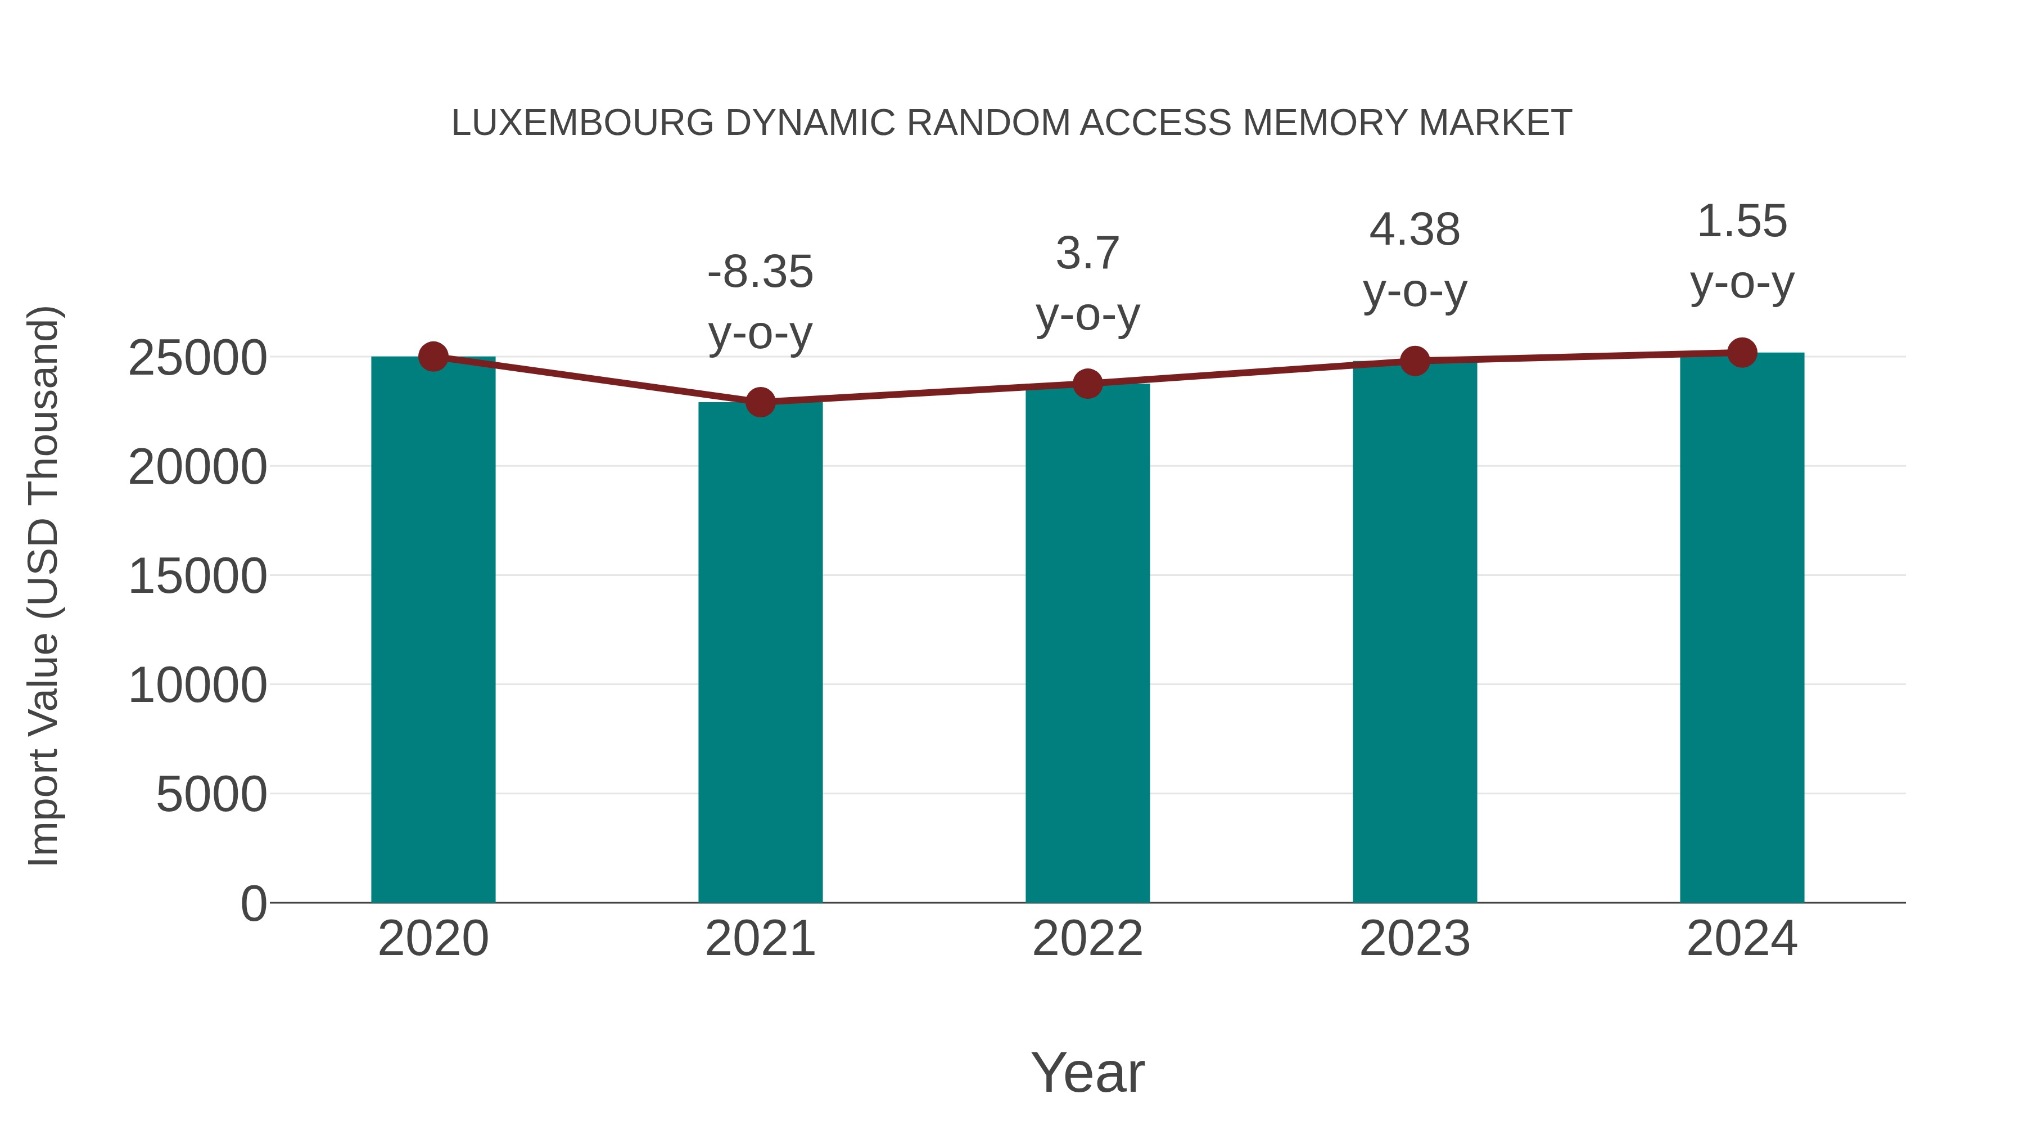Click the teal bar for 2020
(x=433, y=629)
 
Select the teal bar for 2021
(x=760, y=652)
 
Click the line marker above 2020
(x=433, y=357)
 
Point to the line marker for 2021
(x=760, y=403)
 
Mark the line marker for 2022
(x=1087, y=384)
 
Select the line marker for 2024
(x=1742, y=353)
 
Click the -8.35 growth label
(x=760, y=272)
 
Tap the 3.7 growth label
(x=1087, y=253)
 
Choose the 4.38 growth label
(x=1415, y=229)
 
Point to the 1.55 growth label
(x=1742, y=221)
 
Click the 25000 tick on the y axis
(x=197, y=358)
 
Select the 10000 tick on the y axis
(x=197, y=686)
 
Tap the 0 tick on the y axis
(x=254, y=903)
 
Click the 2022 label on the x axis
(x=1087, y=939)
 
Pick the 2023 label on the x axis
(x=1415, y=939)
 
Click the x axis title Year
(x=1087, y=1072)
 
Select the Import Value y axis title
(x=44, y=586)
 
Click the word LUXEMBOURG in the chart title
(x=582, y=123)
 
